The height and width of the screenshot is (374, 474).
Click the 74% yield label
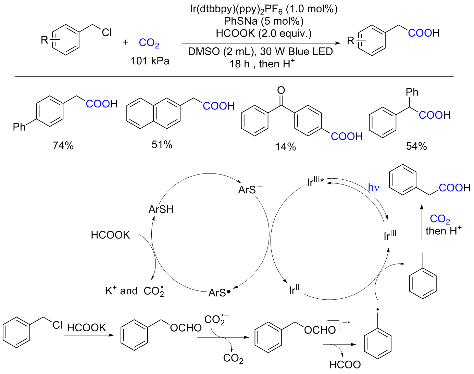(63, 146)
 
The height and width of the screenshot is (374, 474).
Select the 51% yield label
(162, 145)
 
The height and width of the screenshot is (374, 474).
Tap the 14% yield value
(285, 147)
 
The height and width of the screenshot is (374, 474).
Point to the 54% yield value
(416, 146)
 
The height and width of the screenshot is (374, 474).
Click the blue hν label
(374, 188)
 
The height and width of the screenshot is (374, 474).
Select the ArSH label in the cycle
(161, 209)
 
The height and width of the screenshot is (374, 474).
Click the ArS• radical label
(220, 293)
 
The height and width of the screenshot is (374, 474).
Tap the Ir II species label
(294, 290)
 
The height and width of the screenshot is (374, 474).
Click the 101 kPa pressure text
(150, 61)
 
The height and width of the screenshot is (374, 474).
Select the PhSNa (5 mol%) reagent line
(263, 21)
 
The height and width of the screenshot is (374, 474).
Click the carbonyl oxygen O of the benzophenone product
(281, 90)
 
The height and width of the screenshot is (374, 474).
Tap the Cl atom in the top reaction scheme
(107, 33)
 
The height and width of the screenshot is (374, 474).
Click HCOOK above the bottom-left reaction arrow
(86, 327)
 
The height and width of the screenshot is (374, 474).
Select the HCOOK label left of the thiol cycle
(110, 235)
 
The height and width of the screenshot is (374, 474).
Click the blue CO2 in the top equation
(149, 43)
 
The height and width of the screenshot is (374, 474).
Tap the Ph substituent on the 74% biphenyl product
(19, 127)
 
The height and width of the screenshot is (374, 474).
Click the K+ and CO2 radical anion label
(136, 291)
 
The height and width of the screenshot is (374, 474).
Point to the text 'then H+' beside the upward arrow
(443, 231)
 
